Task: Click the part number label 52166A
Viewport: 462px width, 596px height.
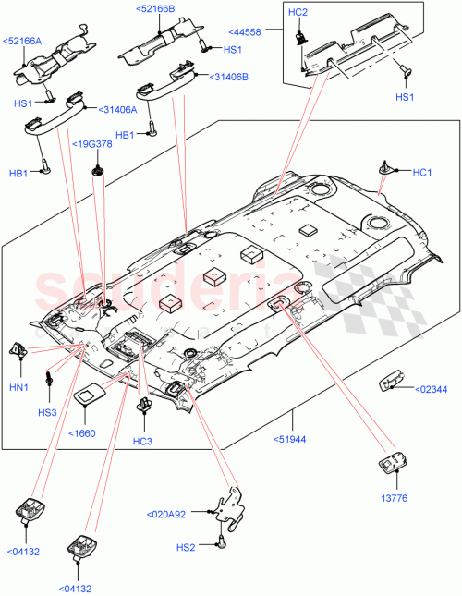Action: (23, 41)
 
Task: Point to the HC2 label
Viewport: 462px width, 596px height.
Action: (298, 12)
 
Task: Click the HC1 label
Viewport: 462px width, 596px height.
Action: (422, 172)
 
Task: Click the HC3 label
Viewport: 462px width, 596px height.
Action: (141, 442)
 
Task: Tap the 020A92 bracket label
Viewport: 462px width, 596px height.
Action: (167, 514)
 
